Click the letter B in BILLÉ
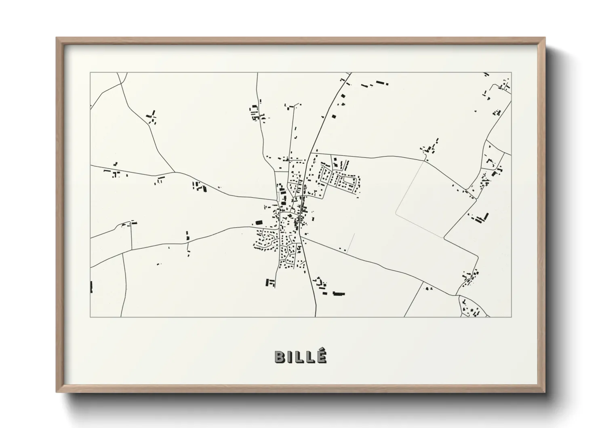click(x=279, y=356)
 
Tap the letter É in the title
click(x=321, y=356)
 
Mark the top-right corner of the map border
click(x=511, y=72)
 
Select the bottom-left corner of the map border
click(x=91, y=317)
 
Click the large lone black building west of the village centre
click(x=258, y=222)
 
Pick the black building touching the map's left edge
click(x=92, y=287)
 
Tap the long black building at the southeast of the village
click(x=339, y=294)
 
